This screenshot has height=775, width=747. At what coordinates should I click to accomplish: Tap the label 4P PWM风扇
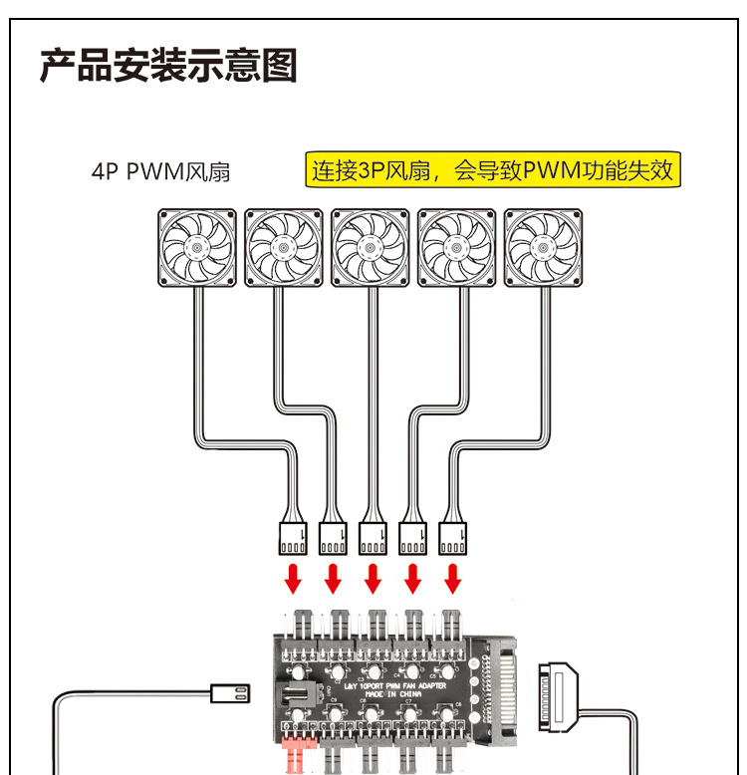pos(160,171)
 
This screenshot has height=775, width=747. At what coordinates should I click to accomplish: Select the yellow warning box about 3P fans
pos(493,170)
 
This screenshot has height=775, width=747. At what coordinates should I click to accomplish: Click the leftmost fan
pos(198,248)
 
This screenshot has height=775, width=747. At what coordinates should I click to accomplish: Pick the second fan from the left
pos(284,248)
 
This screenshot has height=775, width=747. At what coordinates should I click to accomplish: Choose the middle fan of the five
pos(371,248)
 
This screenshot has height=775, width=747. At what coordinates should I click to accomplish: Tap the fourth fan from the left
pos(456,248)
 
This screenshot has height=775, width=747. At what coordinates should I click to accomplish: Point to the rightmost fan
pos(543,248)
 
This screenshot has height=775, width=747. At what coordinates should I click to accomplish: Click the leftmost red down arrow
pos(294,578)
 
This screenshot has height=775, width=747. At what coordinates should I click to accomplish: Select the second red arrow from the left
pos(334,578)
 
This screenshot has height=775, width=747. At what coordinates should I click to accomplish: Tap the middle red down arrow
pos(373,578)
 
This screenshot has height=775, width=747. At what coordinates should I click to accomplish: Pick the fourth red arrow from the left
pos(413,578)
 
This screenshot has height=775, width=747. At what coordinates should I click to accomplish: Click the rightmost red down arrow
pos(453,578)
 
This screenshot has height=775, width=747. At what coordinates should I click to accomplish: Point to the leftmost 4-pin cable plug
pos(294,538)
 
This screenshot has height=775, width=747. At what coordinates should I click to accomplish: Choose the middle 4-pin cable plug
pos(373,538)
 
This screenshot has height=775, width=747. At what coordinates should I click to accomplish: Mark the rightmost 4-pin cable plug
pos(453,538)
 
